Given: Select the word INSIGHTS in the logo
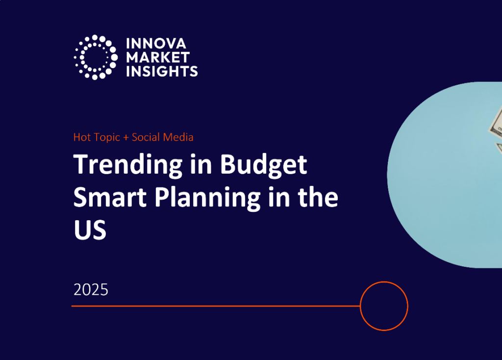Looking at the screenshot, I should click(162, 71).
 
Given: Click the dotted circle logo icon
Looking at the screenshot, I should click(96, 57).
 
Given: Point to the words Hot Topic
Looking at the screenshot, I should click(97, 137).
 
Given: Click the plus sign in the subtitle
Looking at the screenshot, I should click(126, 138).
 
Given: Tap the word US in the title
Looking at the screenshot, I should click(90, 229).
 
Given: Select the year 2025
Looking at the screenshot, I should click(91, 290).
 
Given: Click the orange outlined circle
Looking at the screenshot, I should click(384, 306).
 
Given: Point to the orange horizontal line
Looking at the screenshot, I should click(216, 306).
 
